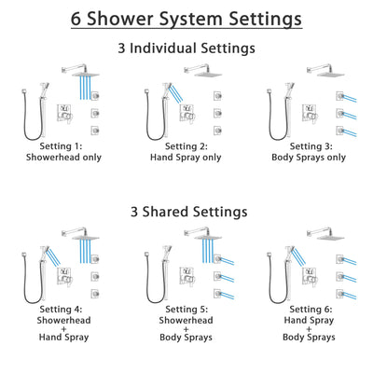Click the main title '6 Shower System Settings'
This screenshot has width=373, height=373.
tap(186, 19)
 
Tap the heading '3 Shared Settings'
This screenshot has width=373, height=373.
tap(186, 212)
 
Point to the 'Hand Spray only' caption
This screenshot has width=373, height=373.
tap(186, 159)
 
